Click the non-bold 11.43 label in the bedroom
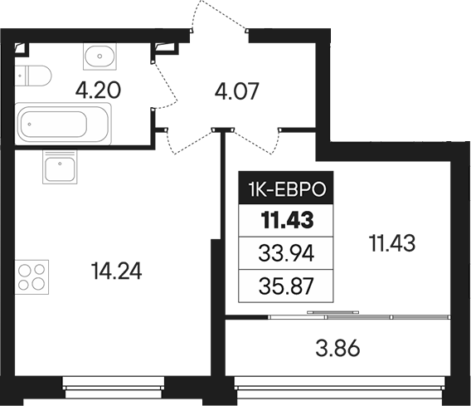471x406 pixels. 391,243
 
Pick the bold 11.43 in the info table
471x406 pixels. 284,221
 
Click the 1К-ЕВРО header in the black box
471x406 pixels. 284,191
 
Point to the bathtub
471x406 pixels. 62,125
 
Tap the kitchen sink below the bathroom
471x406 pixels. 60,171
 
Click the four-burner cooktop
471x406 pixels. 32,276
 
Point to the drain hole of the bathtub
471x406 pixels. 31,126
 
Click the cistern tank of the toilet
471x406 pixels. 19,76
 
